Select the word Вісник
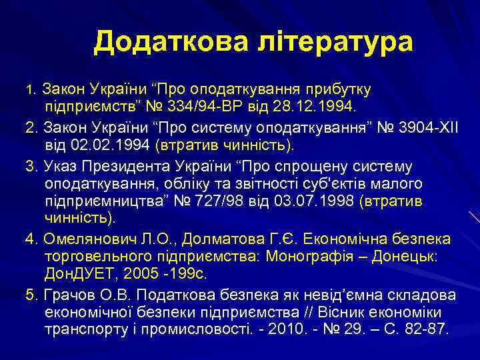coord(350,312)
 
